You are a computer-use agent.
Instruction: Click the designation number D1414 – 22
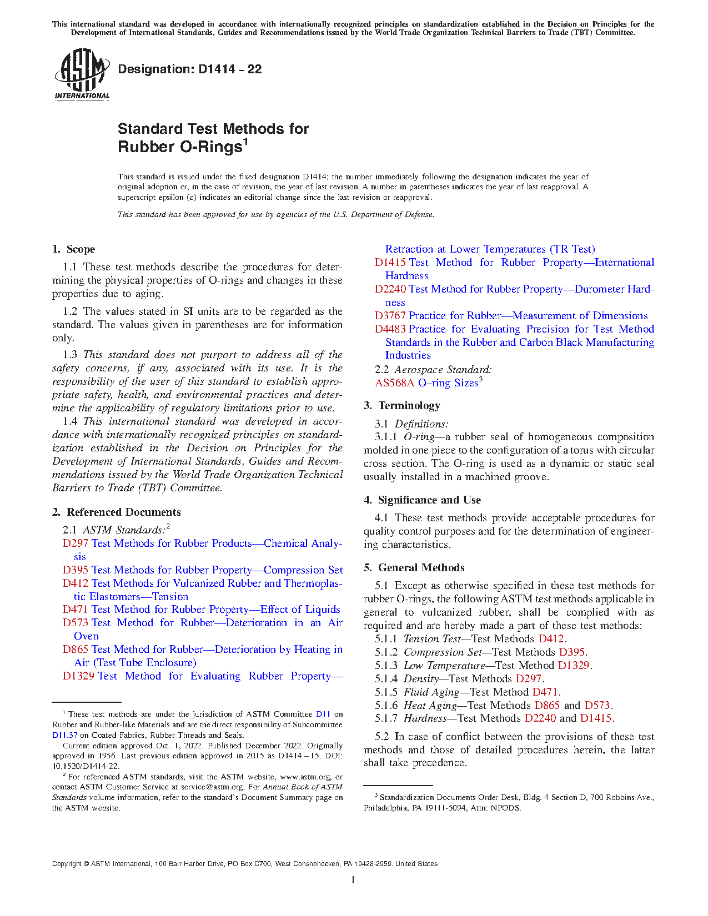(x=190, y=69)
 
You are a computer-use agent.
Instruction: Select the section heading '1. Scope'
(x=74, y=249)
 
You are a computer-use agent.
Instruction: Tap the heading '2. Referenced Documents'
(x=117, y=512)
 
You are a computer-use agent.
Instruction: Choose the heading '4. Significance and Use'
(x=422, y=500)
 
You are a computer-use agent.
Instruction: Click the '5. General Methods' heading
(x=414, y=568)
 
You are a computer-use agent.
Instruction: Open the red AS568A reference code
(x=394, y=383)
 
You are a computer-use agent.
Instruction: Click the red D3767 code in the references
(x=390, y=316)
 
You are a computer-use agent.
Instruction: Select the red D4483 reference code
(x=390, y=329)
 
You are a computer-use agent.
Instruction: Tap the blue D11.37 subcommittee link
(x=65, y=735)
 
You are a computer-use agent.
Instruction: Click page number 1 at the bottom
(x=353, y=879)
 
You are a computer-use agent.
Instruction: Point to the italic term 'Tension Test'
(x=431, y=639)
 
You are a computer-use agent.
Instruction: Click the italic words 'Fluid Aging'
(x=431, y=692)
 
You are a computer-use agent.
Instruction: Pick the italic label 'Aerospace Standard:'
(x=443, y=370)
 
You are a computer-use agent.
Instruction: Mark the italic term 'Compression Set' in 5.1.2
(x=443, y=652)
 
